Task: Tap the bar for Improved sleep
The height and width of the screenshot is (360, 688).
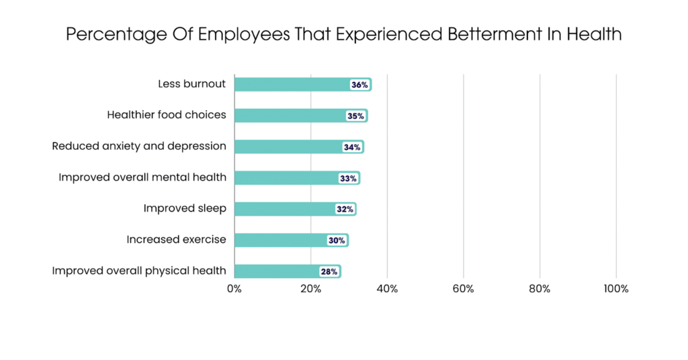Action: click(x=285, y=209)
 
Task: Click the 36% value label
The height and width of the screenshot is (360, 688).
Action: click(x=359, y=85)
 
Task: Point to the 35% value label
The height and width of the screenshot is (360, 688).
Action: click(x=355, y=116)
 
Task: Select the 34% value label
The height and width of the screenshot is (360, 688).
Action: click(x=352, y=147)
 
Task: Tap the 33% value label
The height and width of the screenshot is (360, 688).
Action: click(x=348, y=178)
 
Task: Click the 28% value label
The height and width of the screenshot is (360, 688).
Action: click(x=329, y=271)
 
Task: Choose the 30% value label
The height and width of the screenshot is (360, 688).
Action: click(x=337, y=240)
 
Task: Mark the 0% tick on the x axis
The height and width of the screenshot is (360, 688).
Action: click(x=234, y=289)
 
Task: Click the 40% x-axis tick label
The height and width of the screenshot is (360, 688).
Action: click(x=387, y=289)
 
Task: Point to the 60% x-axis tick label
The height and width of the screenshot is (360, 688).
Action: click(x=464, y=289)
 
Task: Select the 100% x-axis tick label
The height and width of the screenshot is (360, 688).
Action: click(x=616, y=289)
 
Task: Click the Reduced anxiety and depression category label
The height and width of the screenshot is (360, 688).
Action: click(x=139, y=146)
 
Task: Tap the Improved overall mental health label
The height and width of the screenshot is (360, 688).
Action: click(x=142, y=177)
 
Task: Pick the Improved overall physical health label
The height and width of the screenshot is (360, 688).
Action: click(x=139, y=271)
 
